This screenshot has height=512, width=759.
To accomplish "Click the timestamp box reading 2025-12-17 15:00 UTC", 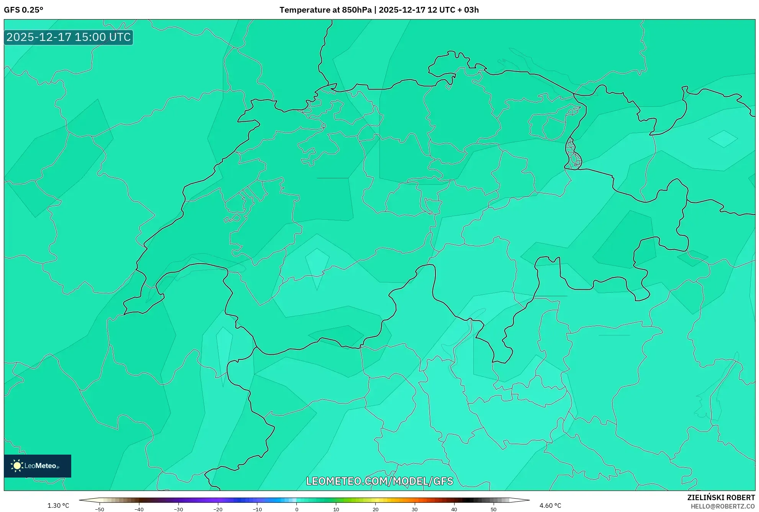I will tap(69, 37).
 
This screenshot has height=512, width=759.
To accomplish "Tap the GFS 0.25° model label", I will tap(23, 10).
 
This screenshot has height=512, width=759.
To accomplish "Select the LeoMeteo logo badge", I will tap(38, 466).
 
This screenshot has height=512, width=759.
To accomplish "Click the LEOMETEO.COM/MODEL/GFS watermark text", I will tap(379, 481).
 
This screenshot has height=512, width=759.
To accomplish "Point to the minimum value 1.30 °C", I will tap(58, 505).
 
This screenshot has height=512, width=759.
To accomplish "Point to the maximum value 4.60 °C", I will tap(550, 505).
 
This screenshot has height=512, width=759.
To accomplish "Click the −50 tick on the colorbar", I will tap(100, 509).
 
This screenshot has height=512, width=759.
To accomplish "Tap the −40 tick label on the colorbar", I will tap(139, 509).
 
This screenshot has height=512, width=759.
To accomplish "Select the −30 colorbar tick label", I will tap(178, 509).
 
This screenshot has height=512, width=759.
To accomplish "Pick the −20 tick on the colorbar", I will tap(218, 509).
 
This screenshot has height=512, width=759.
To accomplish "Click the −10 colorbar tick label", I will tap(257, 509).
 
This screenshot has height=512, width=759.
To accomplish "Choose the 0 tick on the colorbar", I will tap(297, 509).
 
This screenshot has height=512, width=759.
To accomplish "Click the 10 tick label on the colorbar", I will tap(336, 509).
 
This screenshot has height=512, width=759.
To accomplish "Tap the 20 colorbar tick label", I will tap(376, 509).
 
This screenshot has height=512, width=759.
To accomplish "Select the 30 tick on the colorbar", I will tap(415, 509).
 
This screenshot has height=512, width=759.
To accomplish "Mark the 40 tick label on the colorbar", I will tap(454, 509).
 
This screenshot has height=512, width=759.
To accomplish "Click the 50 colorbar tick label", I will tap(494, 509).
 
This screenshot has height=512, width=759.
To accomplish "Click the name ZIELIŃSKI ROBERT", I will tap(721, 497).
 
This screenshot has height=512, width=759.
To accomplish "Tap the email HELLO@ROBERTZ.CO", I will tap(723, 506).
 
